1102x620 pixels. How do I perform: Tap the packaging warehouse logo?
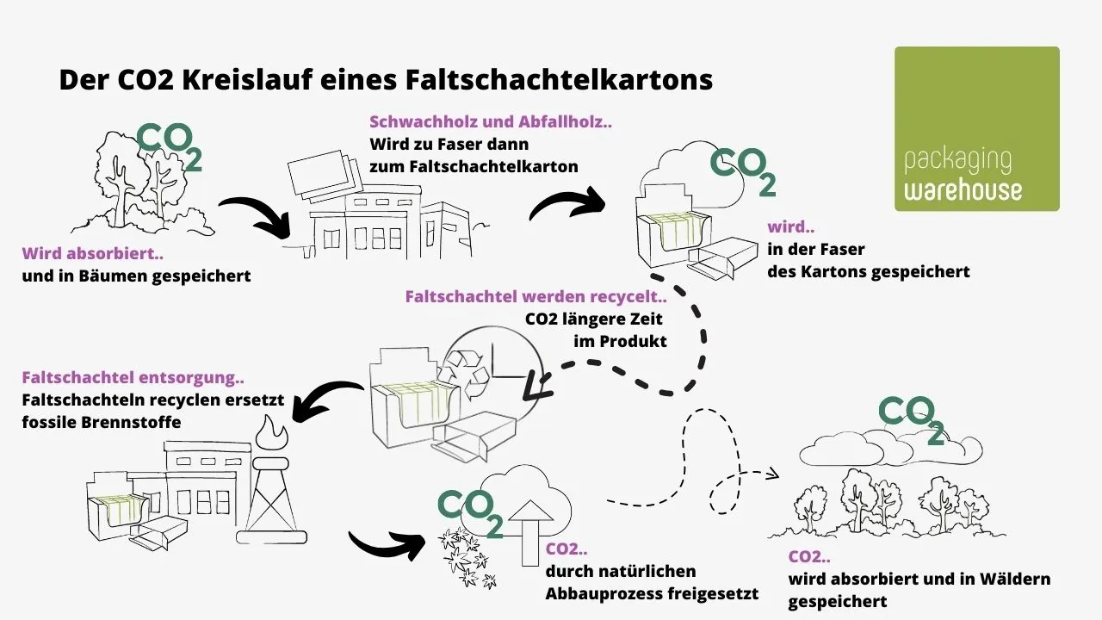click(977, 129)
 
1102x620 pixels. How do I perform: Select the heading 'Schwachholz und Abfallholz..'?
click(491, 122)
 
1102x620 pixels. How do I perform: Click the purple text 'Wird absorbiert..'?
click(93, 254)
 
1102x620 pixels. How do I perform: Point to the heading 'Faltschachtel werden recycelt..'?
click(536, 297)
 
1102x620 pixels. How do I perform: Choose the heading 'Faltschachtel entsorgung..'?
click(133, 378)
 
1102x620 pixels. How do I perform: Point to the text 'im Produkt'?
click(620, 341)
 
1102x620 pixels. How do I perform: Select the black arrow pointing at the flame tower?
click(327, 400)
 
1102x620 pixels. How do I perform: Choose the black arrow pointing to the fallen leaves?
click(387, 543)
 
